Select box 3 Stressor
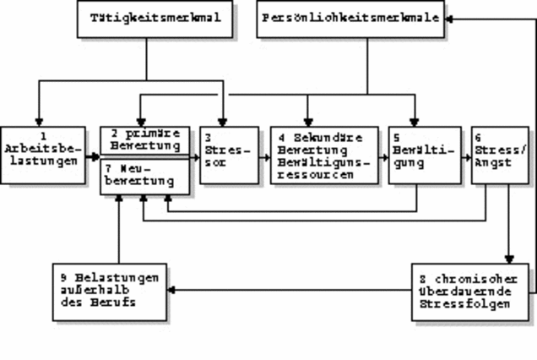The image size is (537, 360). [229, 154]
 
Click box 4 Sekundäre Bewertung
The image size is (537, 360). [324, 154]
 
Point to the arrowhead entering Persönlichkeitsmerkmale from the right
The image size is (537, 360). [453, 19]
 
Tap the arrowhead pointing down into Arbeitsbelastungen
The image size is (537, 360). [38, 120]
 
